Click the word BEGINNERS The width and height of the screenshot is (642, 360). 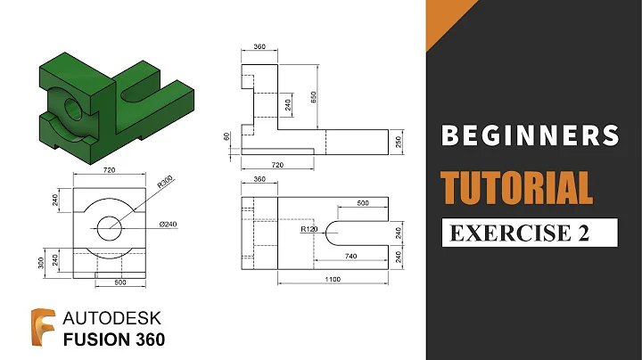point(531,135)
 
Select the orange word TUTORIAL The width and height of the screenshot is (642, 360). point(518,188)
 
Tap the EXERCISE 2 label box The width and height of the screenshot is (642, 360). point(531,233)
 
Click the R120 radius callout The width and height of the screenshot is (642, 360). point(309,229)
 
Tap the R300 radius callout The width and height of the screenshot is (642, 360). point(167,184)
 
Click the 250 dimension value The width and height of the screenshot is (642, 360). point(399,142)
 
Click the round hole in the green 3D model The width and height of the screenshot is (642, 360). point(73,107)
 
